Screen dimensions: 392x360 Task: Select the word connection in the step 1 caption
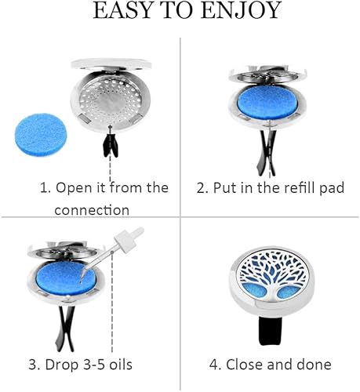click(92, 210)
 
